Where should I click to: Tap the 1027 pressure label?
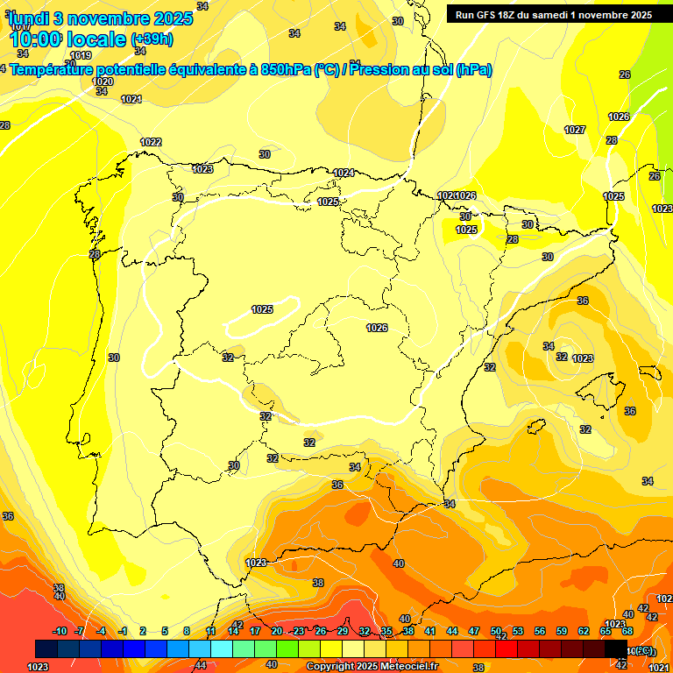(575, 130)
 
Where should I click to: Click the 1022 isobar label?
(151, 142)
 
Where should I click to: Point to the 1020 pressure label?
(103, 81)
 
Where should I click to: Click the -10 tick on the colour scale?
(60, 631)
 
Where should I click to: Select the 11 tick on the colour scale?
(210, 631)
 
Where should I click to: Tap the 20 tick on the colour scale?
(276, 631)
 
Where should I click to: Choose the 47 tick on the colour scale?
(474, 631)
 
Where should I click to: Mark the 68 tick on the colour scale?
(627, 631)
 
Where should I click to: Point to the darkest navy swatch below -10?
(46, 648)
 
